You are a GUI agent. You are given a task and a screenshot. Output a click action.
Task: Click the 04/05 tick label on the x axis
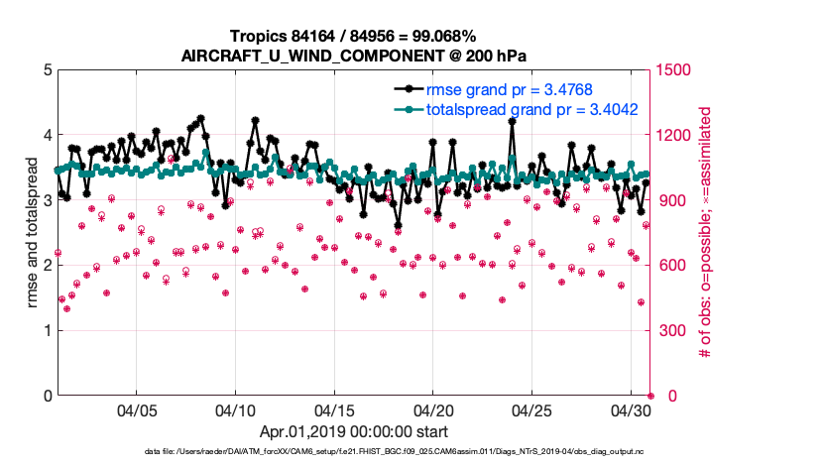point(138,409)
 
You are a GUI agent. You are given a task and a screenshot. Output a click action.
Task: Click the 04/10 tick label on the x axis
point(236,409)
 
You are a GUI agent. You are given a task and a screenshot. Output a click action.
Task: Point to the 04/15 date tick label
point(335,409)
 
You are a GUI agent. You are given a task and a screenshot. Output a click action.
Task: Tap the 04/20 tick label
point(433,409)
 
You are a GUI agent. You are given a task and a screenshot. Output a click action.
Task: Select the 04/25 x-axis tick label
point(531,409)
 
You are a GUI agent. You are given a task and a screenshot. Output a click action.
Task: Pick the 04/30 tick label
point(631,409)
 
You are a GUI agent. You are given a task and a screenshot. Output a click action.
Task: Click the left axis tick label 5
point(47,70)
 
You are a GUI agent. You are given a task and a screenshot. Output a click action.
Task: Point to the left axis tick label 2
point(47,265)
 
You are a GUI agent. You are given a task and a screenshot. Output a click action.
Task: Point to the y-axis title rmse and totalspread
point(31,232)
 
